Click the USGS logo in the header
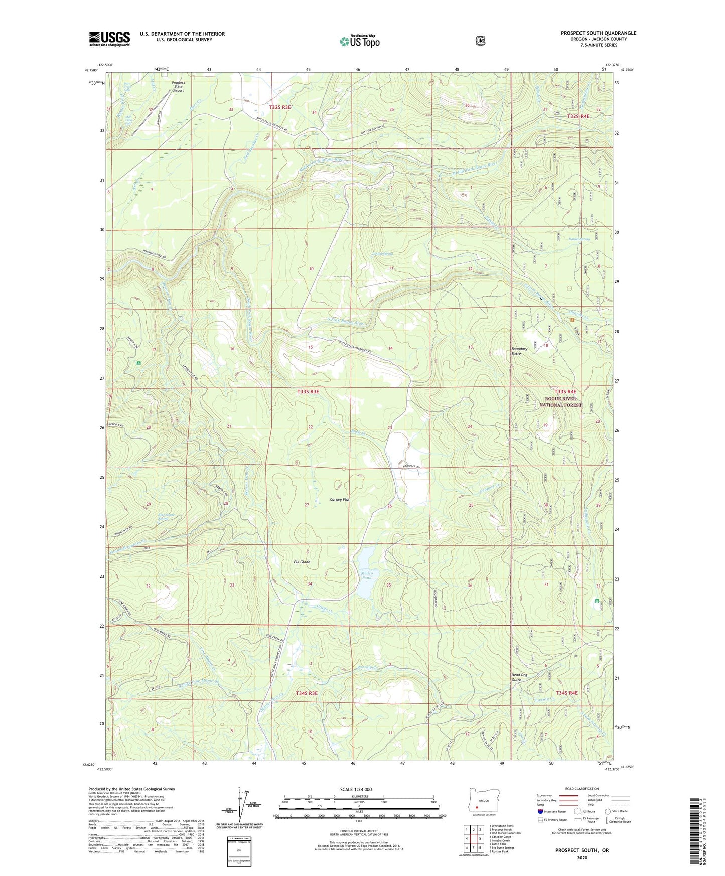click(x=109, y=39)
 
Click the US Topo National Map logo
click(x=359, y=41)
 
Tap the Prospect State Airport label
click(x=178, y=86)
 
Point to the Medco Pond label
click(x=367, y=575)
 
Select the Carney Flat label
click(x=339, y=499)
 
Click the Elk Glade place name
click(x=302, y=562)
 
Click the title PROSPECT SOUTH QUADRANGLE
click(x=598, y=33)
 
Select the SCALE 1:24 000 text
click(x=356, y=789)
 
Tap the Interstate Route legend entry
click(x=551, y=811)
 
